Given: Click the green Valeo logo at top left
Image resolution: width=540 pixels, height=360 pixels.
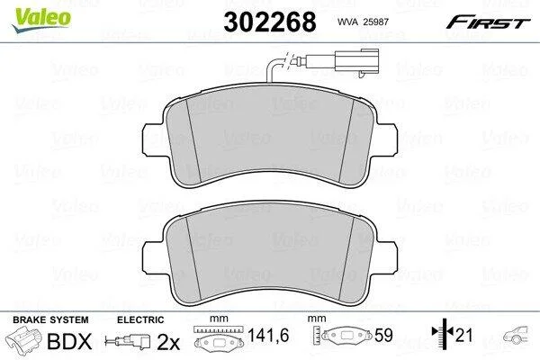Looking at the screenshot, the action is pos(41,20).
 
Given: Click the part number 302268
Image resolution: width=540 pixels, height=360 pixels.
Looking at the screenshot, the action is pos(270,22).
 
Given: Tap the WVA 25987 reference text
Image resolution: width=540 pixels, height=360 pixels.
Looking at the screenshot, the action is pos(363,22).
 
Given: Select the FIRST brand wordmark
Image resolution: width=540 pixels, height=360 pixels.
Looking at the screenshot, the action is pos(488,22).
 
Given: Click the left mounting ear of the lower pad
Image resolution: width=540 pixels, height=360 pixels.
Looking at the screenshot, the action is pos(151,256).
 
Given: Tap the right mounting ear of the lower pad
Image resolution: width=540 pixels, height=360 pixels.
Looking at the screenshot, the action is pos(387,256).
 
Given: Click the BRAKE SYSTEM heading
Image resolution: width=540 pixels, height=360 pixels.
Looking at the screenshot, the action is pos(50,319).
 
